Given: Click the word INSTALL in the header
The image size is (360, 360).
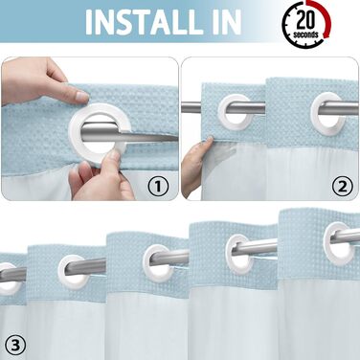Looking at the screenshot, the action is pos(144,22).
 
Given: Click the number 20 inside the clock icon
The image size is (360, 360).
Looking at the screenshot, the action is pos(305,20).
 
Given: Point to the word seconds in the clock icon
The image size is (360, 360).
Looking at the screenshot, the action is pos(305,34).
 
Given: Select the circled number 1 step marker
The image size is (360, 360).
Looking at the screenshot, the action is pos(159,186).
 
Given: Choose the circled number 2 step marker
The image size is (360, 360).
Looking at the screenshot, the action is pos(343,186).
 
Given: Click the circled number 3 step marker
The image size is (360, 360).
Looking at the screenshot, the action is pos(15,345).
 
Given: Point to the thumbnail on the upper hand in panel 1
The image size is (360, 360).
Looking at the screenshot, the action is pos(82,95).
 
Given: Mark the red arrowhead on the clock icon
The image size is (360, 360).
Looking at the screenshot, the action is pos(326,34).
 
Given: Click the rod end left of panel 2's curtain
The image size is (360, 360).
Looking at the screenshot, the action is pos(191,107).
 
